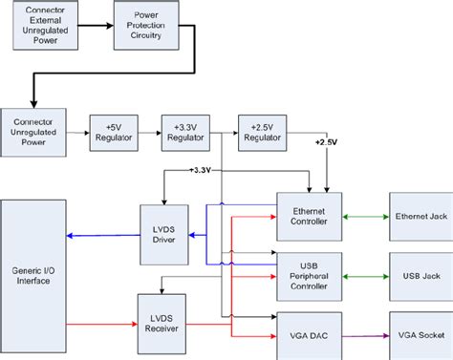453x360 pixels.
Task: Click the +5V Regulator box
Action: (x=113, y=130)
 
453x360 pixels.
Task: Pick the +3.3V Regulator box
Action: (x=186, y=130)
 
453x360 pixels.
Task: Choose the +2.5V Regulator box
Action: (x=262, y=130)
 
